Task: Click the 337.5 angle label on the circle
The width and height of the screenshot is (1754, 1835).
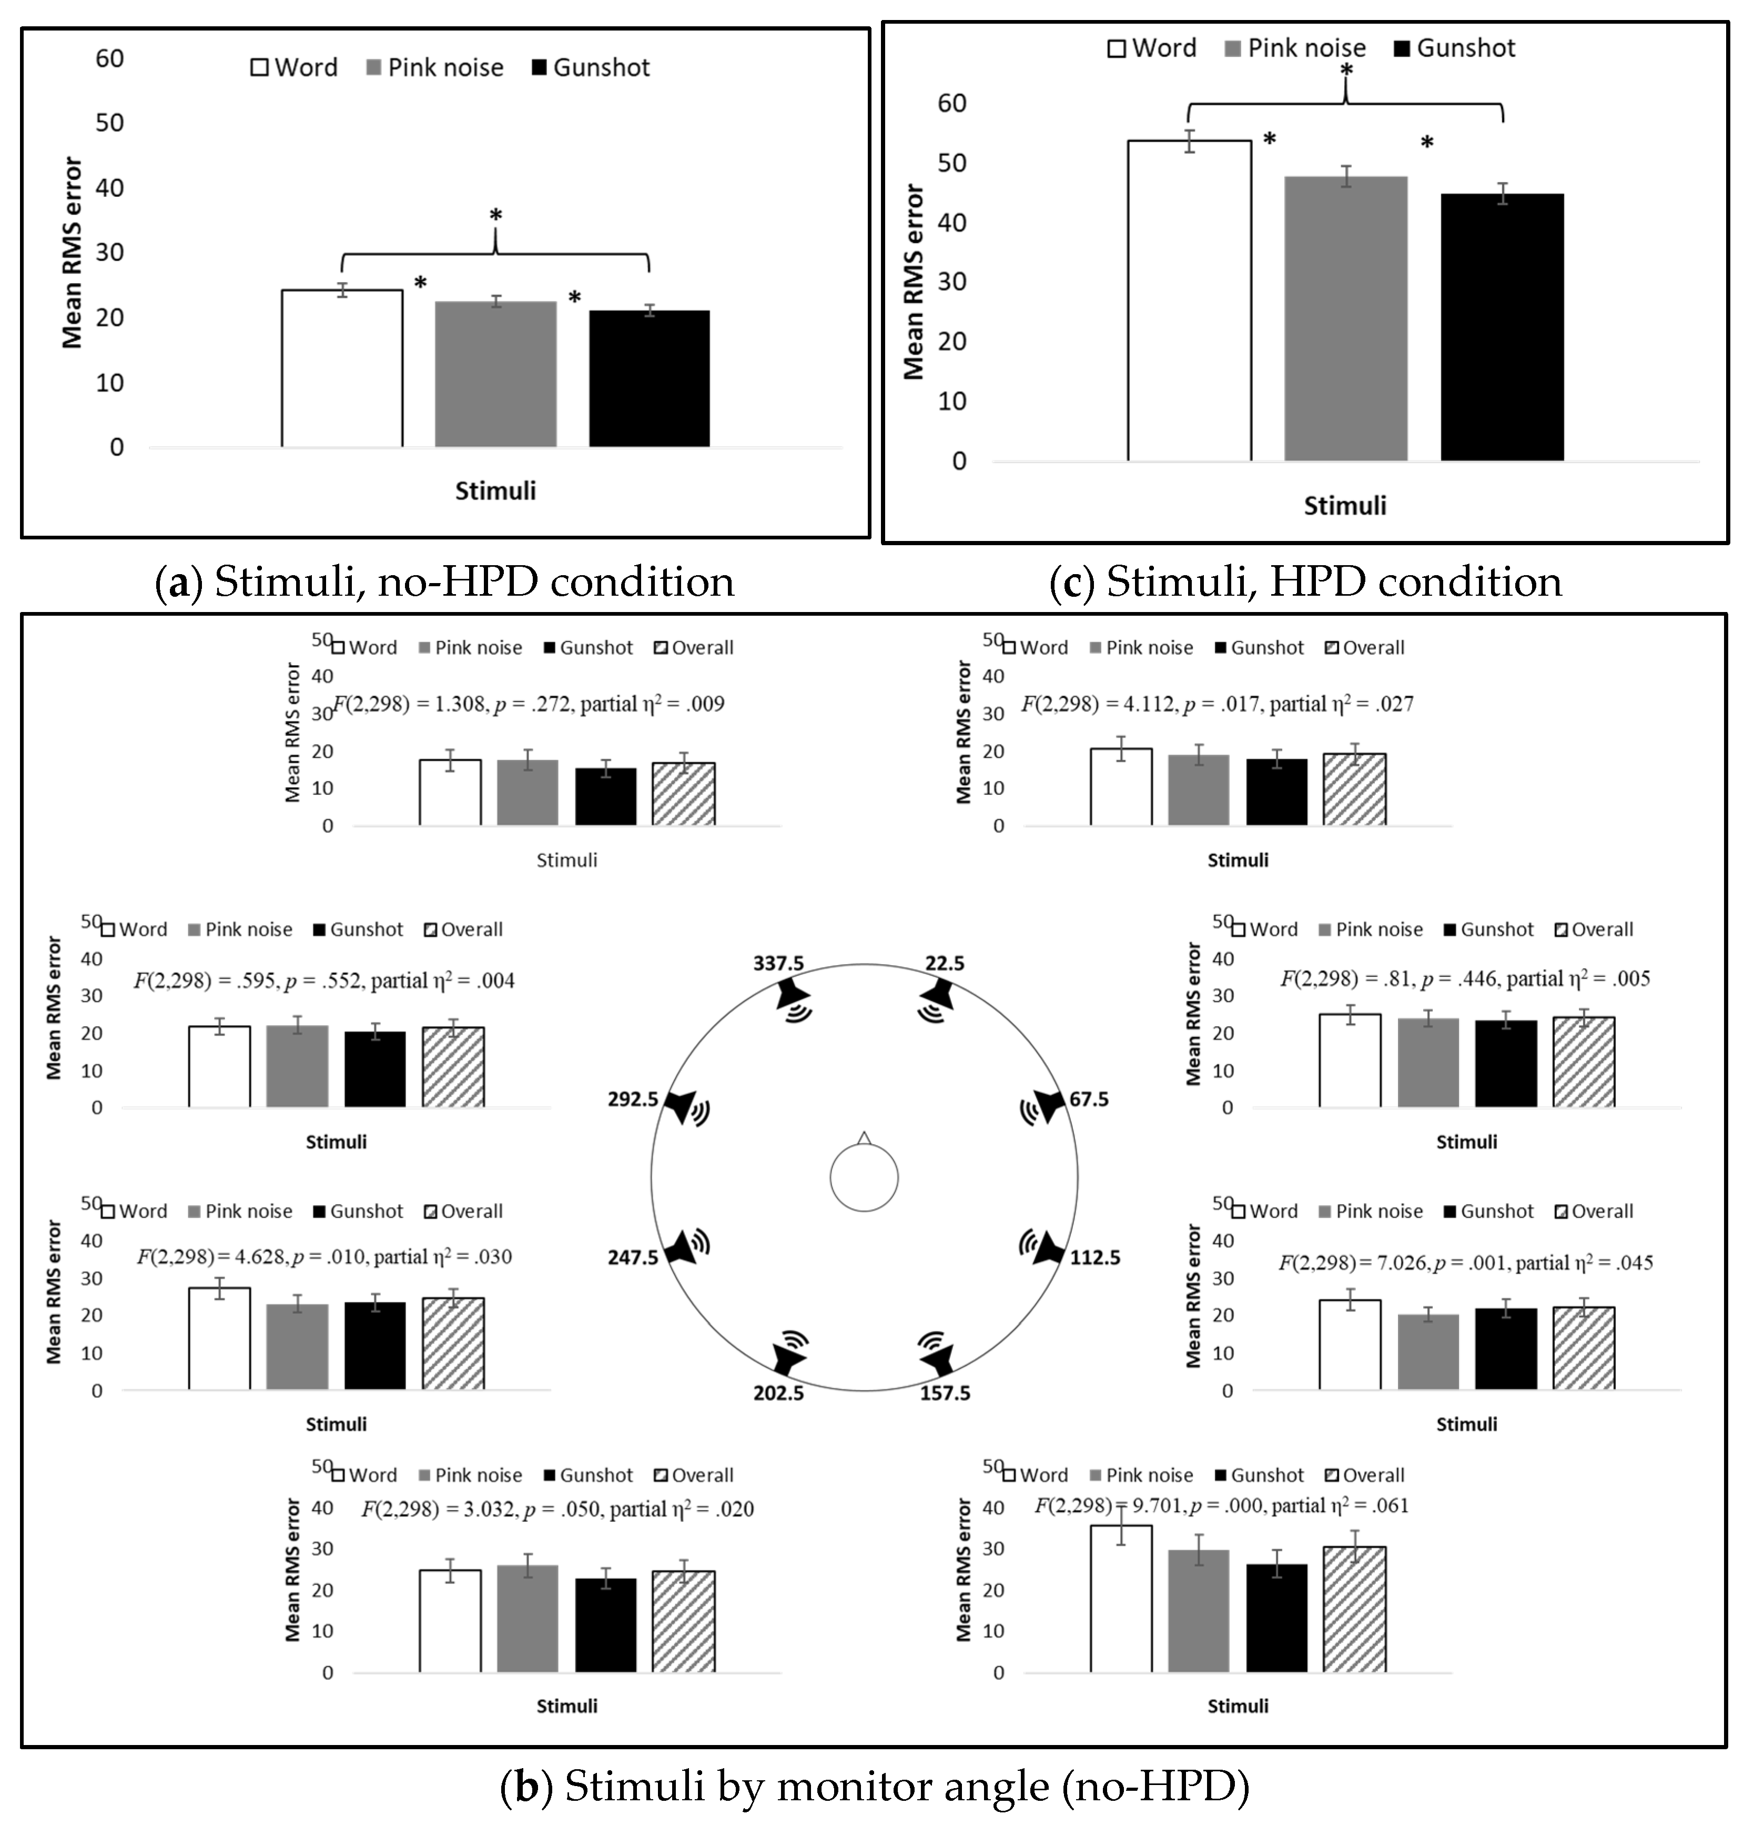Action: coord(779,964)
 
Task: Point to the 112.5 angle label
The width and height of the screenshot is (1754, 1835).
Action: coord(1095,1258)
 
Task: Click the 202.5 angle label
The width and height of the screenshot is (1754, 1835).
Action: coord(779,1393)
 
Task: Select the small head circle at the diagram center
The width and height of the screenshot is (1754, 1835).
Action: coord(864,1178)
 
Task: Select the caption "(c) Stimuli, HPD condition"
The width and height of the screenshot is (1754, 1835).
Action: coord(1306,581)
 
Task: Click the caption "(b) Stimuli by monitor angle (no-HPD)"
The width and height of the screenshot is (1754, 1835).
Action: coord(875,1787)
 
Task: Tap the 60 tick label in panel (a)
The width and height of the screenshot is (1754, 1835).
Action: coord(109,59)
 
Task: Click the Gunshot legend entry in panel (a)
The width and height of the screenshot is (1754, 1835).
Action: coord(591,67)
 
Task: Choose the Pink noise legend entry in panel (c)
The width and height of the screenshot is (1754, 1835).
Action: coord(1295,48)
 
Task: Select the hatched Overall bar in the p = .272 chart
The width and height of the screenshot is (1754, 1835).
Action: coord(684,794)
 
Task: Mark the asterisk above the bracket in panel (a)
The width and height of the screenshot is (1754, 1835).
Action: coord(495,216)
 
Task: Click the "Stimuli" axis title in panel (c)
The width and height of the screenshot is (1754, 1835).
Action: coord(1344,506)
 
